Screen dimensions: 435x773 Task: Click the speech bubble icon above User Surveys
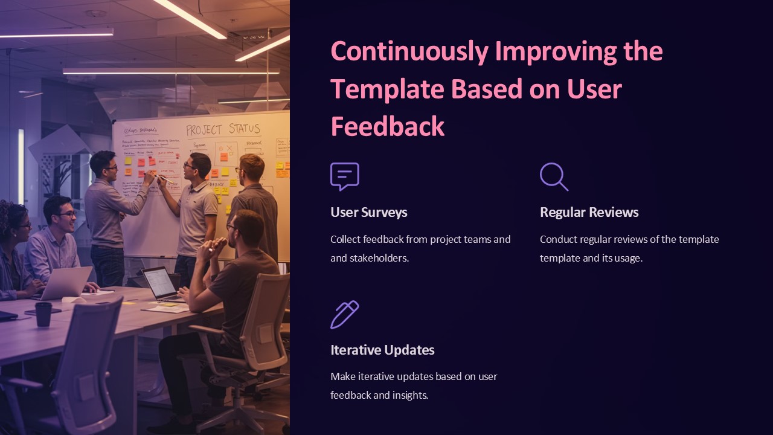[x=345, y=176]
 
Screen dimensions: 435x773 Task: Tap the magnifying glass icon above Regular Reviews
[x=554, y=176]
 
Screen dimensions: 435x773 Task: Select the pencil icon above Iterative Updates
[x=345, y=314]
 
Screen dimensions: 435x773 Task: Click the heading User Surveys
[x=368, y=212]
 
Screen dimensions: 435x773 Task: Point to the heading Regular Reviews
[x=589, y=212]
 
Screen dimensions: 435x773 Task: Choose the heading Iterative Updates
[x=382, y=350]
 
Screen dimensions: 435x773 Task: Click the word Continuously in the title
[x=409, y=51]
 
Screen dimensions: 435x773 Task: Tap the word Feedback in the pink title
[x=387, y=127]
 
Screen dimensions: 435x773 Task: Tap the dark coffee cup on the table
[x=43, y=314]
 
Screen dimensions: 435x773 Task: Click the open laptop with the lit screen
[x=161, y=283]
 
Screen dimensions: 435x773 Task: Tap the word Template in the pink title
[x=387, y=89]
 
